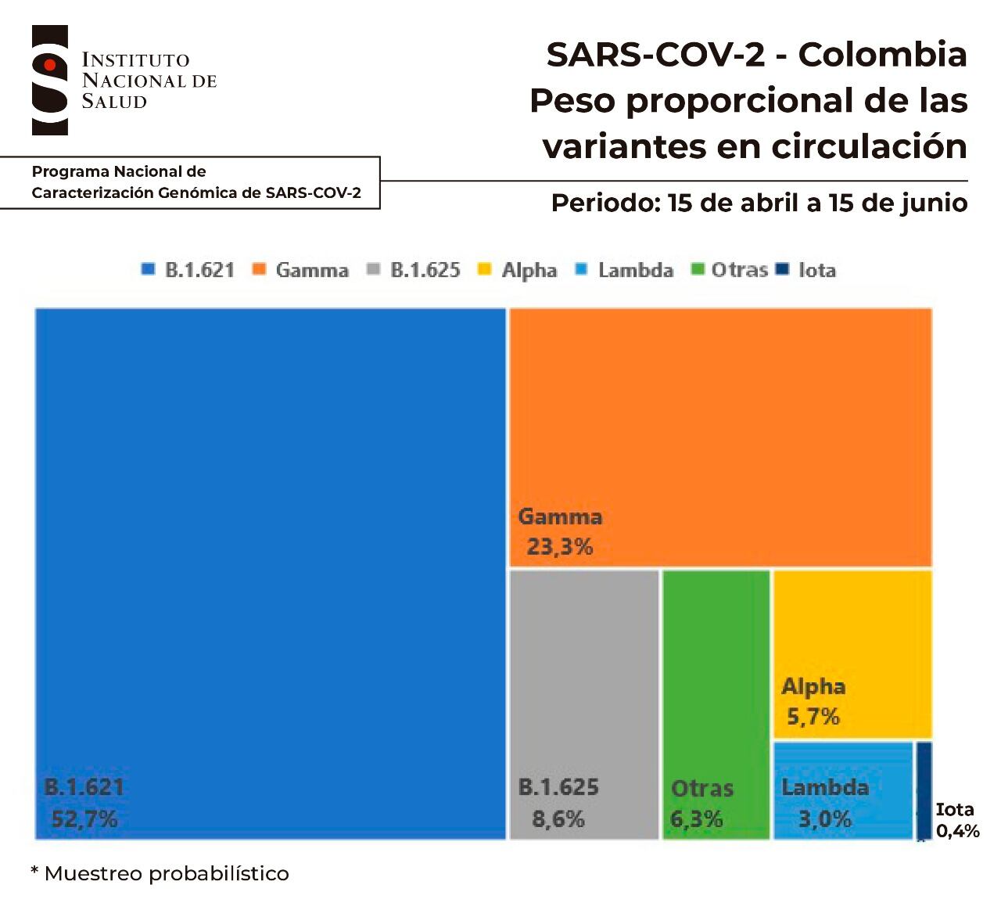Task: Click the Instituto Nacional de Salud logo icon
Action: coord(49,80)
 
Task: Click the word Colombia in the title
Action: coord(883,55)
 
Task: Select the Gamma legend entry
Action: coord(302,270)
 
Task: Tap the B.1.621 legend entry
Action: coord(189,270)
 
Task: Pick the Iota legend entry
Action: coord(807,270)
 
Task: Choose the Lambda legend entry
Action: coord(625,270)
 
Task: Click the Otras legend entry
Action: coord(730,270)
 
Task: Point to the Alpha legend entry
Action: coord(518,270)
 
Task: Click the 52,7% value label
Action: coord(84,819)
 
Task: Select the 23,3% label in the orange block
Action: coord(560,546)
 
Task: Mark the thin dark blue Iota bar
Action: coord(924,790)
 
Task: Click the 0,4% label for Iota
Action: coord(957,832)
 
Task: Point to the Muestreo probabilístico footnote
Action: coord(160,873)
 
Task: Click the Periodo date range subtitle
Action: coord(759,203)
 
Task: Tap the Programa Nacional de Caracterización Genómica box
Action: coord(196,182)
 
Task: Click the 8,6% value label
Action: coord(558,819)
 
